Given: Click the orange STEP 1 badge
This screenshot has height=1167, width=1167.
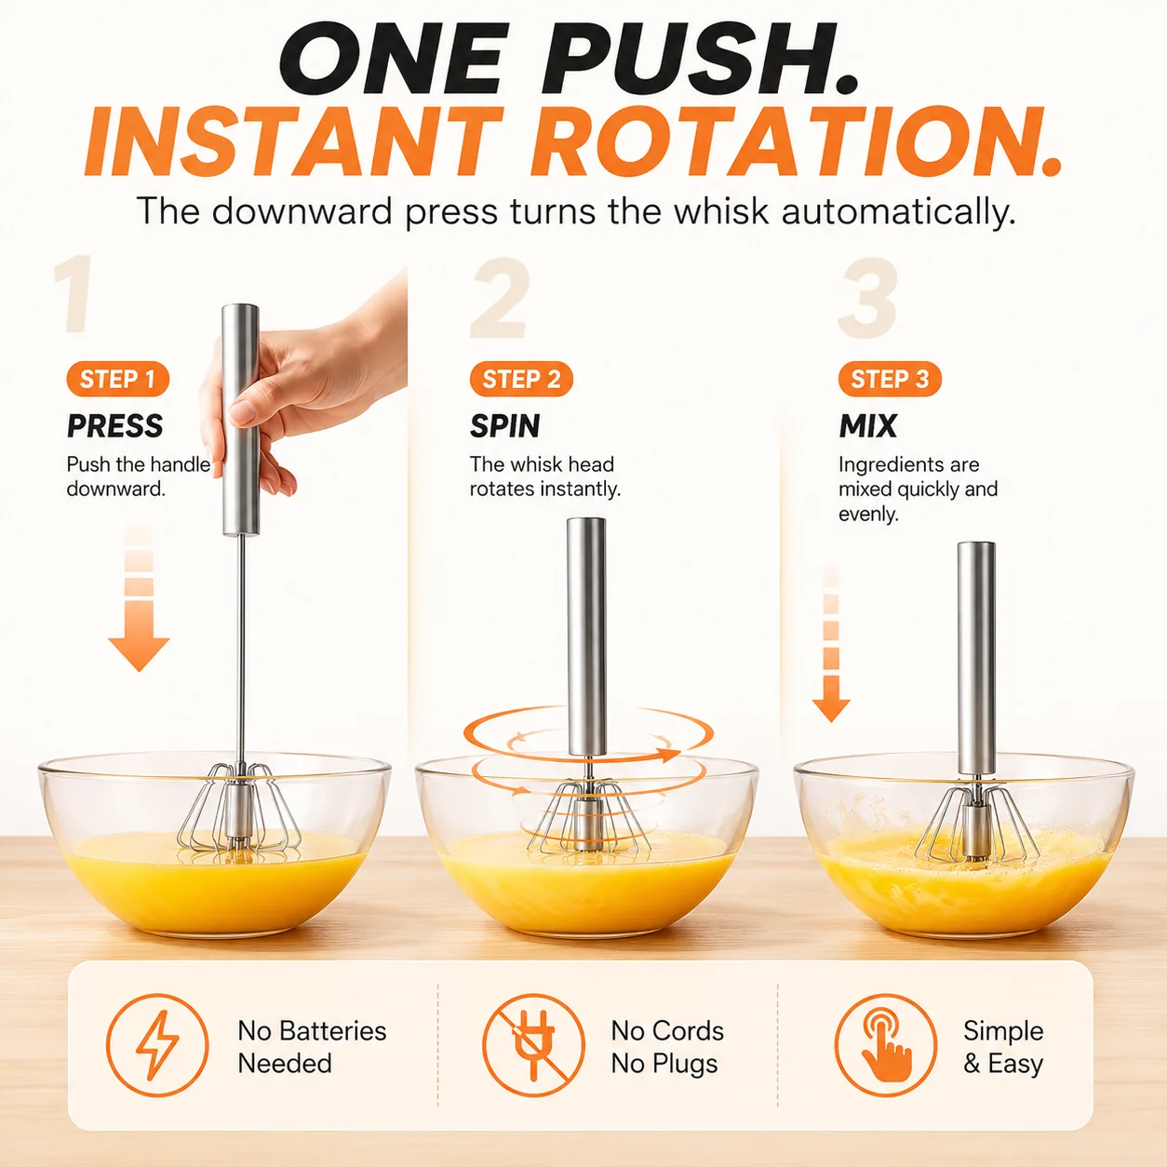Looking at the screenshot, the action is click(x=117, y=379).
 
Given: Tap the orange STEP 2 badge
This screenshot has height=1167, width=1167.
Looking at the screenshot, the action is click(x=521, y=379).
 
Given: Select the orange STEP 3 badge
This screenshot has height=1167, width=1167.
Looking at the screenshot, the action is click(x=890, y=379).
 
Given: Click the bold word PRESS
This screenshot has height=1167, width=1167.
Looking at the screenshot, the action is click(x=115, y=425).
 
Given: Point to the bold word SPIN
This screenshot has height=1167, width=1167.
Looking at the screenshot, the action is click(x=505, y=425).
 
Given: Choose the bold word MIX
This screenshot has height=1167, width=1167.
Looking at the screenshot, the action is click(x=868, y=425).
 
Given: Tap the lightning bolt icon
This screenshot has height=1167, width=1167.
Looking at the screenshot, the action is click(x=157, y=1046).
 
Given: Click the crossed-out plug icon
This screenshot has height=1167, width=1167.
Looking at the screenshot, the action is click(x=533, y=1046).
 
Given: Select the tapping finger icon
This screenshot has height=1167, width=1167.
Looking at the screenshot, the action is click(x=885, y=1046).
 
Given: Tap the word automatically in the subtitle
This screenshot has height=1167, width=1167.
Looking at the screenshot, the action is click(x=898, y=212).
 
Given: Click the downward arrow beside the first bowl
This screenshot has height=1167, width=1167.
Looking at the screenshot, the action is click(x=139, y=599).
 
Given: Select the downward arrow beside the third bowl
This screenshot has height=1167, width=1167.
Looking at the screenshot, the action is click(x=831, y=645).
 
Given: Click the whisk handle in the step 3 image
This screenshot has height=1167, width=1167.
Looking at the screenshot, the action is click(x=976, y=659).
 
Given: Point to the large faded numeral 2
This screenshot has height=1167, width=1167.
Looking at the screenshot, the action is click(x=501, y=298).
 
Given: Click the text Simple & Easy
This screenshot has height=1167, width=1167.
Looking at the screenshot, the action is click(x=1003, y=1047).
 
